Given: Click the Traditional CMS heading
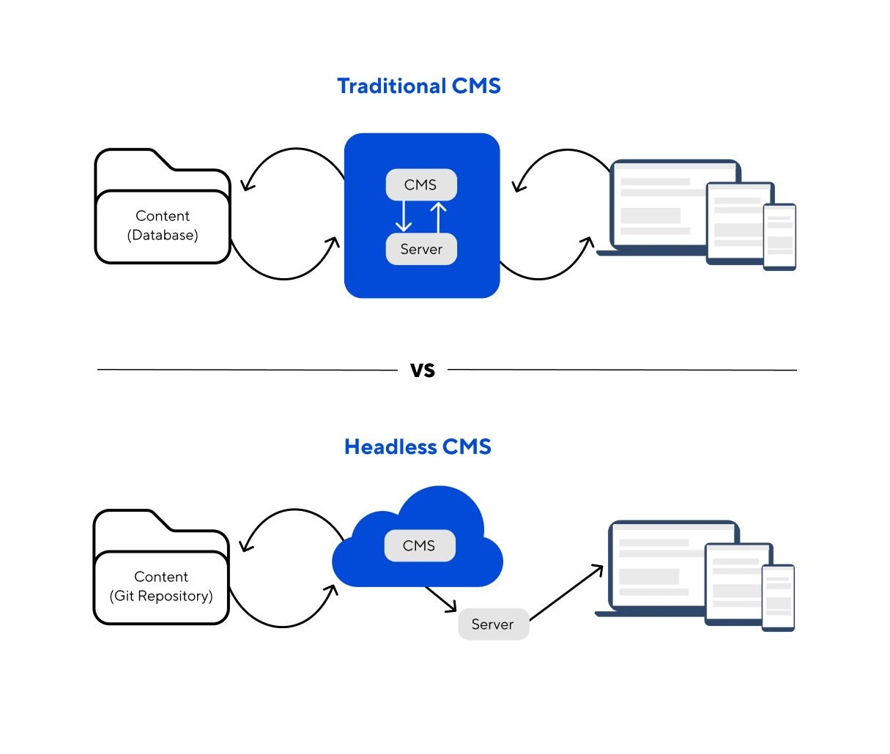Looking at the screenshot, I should point(419,86).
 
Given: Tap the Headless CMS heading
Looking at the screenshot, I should point(418,447).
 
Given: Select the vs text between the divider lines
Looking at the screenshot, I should point(423,370).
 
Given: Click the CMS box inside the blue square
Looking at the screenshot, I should point(421,185).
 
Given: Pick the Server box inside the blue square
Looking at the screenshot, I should point(421,250).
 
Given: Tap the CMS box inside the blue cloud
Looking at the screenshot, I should point(420,546).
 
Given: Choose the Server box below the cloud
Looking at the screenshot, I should point(493,624).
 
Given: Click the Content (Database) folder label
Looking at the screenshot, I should point(163,225).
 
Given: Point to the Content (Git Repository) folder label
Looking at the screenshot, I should point(161,586).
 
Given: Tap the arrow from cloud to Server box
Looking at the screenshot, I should point(442,600).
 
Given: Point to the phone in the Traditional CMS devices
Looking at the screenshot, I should point(779,237).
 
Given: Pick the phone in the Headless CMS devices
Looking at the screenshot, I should point(778,598).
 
